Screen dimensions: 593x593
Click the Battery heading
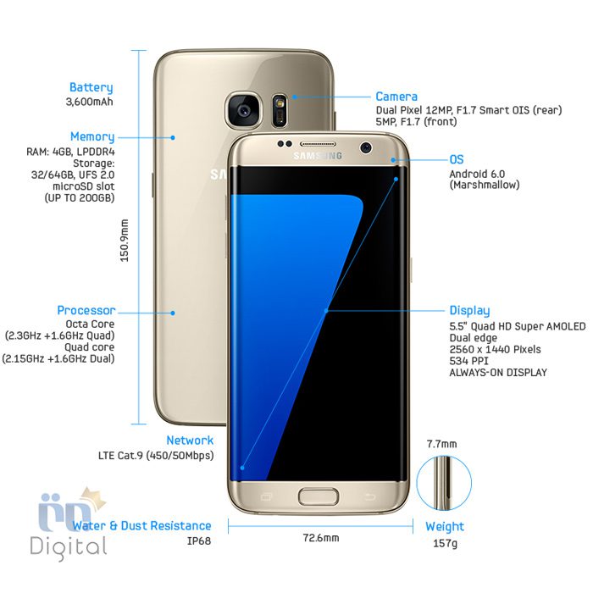click(x=91, y=88)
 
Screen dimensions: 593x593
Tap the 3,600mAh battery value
click(x=89, y=102)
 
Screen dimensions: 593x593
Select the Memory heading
click(x=92, y=137)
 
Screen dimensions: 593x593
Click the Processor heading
click(x=86, y=311)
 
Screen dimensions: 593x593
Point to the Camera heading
click(x=396, y=97)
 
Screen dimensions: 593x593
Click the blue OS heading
click(x=457, y=159)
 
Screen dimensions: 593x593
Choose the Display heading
click(x=469, y=311)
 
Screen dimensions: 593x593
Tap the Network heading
click(x=190, y=441)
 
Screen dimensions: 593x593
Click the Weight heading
click(x=445, y=526)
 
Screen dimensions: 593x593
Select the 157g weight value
click(x=445, y=544)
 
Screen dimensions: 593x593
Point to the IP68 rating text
click(x=199, y=540)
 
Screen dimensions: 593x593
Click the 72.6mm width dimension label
click(x=321, y=538)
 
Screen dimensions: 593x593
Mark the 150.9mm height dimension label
click(x=124, y=241)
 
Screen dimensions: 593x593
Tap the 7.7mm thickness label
click(x=441, y=444)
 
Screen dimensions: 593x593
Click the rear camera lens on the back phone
click(x=244, y=110)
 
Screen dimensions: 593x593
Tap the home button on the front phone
click(x=319, y=496)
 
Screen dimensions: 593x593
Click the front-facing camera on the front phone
click(x=366, y=147)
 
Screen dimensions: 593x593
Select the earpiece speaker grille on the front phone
click(x=318, y=144)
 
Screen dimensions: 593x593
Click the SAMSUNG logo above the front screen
click(x=318, y=155)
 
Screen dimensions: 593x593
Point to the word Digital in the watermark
click(x=68, y=548)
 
